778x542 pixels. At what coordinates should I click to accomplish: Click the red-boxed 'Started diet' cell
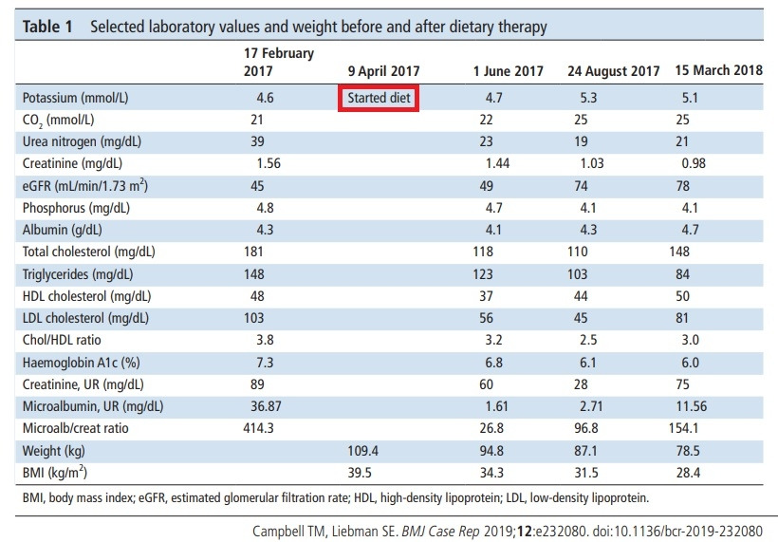coord(379,98)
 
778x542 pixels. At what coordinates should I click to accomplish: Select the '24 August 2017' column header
coord(613,71)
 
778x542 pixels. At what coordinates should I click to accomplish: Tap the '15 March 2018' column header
coord(718,70)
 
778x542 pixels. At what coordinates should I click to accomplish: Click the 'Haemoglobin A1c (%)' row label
coord(81,363)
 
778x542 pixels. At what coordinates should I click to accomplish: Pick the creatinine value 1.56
coord(269,163)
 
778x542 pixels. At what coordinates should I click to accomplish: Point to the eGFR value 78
coord(683,186)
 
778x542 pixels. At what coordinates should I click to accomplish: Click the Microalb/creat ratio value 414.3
coord(258,428)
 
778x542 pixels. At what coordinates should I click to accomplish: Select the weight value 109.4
coord(362,451)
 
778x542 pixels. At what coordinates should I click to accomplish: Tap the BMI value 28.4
coord(688,473)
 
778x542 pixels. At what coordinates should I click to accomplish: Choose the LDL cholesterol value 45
coord(581,318)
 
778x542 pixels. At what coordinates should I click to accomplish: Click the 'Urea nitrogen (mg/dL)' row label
coord(82,142)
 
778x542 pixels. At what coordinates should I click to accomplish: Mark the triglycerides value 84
coord(683,274)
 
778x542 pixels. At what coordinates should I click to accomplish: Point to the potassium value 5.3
coord(588,98)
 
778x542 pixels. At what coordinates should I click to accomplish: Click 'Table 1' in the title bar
coord(47,27)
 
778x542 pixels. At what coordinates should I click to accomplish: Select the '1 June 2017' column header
coord(509,71)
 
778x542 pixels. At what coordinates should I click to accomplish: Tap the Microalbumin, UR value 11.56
coord(691,406)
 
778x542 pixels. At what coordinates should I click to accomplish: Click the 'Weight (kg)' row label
coord(53,451)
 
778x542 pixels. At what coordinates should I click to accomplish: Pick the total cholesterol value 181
coord(253,252)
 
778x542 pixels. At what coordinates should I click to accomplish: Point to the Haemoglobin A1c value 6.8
coord(493,363)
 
